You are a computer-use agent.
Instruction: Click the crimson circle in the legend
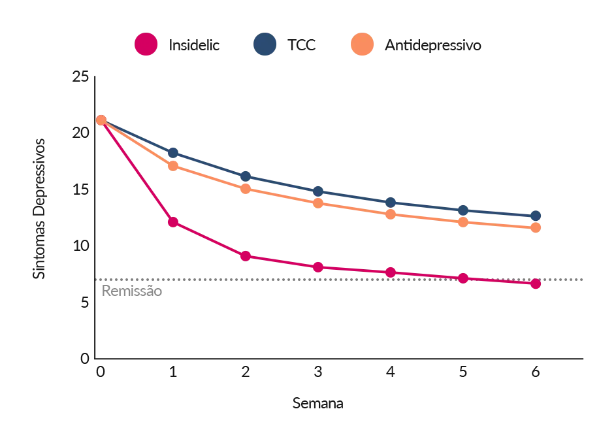point(145,45)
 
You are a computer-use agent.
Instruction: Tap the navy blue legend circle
point(265,45)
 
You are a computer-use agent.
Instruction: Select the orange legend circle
point(362,45)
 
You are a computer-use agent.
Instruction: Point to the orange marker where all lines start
point(101,120)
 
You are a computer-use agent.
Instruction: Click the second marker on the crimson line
point(173,223)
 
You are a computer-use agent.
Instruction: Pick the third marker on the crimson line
point(246,255)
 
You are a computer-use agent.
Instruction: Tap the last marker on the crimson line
point(535,284)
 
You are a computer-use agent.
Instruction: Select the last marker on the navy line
point(535,216)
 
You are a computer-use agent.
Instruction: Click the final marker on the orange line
point(535,227)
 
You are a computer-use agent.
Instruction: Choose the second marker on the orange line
point(173,166)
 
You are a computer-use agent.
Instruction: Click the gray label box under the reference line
point(130,289)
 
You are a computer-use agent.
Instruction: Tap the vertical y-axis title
point(39,209)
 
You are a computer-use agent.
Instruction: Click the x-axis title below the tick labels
point(317,405)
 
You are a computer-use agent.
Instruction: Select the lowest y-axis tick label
point(82,358)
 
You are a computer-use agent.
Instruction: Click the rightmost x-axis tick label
point(535,374)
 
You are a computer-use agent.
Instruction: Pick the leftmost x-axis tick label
point(100,374)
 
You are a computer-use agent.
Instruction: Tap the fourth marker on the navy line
point(318,191)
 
